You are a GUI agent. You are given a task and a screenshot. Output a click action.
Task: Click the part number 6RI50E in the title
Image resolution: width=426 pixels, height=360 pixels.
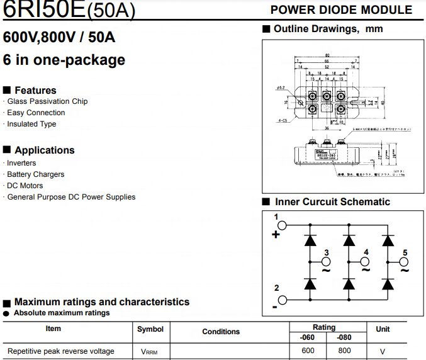click(x=44, y=9)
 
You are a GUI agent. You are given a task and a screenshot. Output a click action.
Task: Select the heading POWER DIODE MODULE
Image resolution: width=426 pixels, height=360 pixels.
click(x=341, y=10)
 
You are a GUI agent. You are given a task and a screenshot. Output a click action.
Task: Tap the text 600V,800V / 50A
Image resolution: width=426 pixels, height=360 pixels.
click(x=59, y=37)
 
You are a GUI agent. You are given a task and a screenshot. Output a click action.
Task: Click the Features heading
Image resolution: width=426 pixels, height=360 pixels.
click(x=35, y=90)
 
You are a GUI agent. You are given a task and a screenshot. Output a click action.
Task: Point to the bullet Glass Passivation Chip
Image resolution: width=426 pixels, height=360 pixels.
click(x=47, y=101)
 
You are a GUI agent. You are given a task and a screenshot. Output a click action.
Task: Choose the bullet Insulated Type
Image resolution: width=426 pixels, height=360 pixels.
click(x=31, y=124)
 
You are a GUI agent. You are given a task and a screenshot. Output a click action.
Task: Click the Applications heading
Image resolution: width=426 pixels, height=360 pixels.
click(x=44, y=150)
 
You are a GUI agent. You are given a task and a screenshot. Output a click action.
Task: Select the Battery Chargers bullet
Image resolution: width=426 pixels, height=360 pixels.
click(x=35, y=174)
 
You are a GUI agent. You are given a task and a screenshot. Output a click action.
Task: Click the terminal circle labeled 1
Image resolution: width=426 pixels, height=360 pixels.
click(x=283, y=225)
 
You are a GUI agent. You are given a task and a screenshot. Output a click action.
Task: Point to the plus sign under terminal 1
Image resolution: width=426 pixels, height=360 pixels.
click(x=275, y=235)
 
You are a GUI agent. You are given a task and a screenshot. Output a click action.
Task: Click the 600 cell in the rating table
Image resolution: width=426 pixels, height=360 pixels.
click(x=308, y=351)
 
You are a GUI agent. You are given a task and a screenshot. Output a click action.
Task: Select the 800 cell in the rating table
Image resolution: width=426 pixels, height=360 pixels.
click(x=344, y=351)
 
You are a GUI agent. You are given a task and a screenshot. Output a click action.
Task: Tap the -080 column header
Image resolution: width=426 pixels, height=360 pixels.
click(x=344, y=337)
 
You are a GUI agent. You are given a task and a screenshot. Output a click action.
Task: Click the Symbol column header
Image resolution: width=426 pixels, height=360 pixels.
click(x=150, y=329)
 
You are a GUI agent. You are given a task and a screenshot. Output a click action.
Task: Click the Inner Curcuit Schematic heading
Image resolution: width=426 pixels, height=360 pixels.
click(x=332, y=202)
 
